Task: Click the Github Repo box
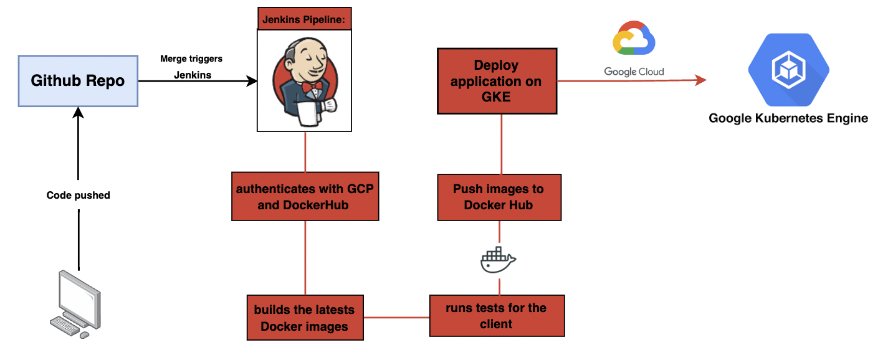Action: (x=78, y=81)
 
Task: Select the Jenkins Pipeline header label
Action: (x=305, y=19)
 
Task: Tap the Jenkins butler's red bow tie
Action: (x=312, y=87)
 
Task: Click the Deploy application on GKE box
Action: (x=497, y=81)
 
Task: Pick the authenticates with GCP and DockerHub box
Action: (x=305, y=196)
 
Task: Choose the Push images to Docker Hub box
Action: (x=500, y=197)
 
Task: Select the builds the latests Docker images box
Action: (x=305, y=318)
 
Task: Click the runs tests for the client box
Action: (x=497, y=316)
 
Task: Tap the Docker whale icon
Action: (x=498, y=260)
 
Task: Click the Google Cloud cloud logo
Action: (x=634, y=38)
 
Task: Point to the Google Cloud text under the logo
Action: (x=634, y=72)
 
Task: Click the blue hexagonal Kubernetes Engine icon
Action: (x=788, y=70)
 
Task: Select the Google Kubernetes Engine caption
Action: (x=788, y=118)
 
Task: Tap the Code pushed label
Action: (x=78, y=195)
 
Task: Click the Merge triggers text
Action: (x=191, y=59)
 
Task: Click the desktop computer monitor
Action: (x=79, y=300)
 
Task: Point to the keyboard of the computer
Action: (x=65, y=326)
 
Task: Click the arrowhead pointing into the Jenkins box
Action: (x=251, y=81)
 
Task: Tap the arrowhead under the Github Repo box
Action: (x=78, y=113)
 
